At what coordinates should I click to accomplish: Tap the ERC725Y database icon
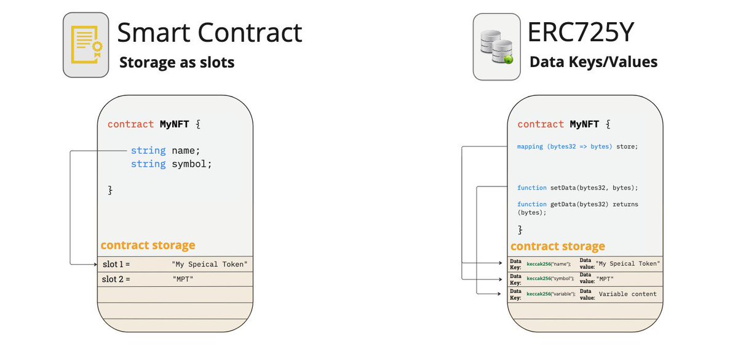click(495, 46)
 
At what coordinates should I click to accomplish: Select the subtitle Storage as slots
click(177, 62)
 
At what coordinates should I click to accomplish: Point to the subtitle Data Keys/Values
click(593, 62)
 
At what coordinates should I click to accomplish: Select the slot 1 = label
click(116, 264)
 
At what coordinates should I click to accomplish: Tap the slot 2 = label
click(116, 279)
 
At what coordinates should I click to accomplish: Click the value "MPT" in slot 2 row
click(183, 279)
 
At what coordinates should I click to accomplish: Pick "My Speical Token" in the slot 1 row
click(210, 264)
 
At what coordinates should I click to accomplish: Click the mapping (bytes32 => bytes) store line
click(577, 146)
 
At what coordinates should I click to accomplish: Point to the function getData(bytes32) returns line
click(569, 204)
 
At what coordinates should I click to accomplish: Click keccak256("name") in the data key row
click(549, 263)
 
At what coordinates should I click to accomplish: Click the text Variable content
click(627, 294)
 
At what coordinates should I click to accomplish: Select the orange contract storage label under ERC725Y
click(558, 246)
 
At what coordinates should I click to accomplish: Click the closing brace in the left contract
click(110, 190)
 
